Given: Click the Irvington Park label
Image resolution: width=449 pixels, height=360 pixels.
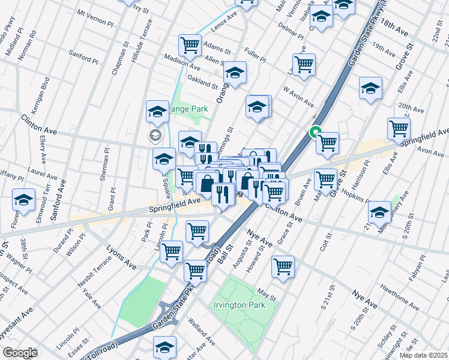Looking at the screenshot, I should pos(238,305).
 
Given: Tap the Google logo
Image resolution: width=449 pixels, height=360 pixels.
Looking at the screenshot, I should pos(20,353).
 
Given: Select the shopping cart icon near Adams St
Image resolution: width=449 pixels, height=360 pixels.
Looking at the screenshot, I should pos(190,44).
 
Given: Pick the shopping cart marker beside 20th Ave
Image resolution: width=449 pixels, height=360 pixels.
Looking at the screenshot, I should pos(398,127).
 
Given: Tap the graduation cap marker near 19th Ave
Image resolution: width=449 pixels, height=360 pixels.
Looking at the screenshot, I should pos(370,88).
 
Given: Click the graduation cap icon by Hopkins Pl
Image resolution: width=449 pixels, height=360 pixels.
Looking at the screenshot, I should pos(379,211).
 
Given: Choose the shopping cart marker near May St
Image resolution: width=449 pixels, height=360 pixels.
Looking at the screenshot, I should pos(283,266).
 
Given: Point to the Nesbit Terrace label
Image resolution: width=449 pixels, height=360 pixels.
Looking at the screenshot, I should pos(95,268).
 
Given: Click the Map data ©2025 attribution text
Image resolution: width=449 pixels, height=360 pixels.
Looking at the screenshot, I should pos(423,355).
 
